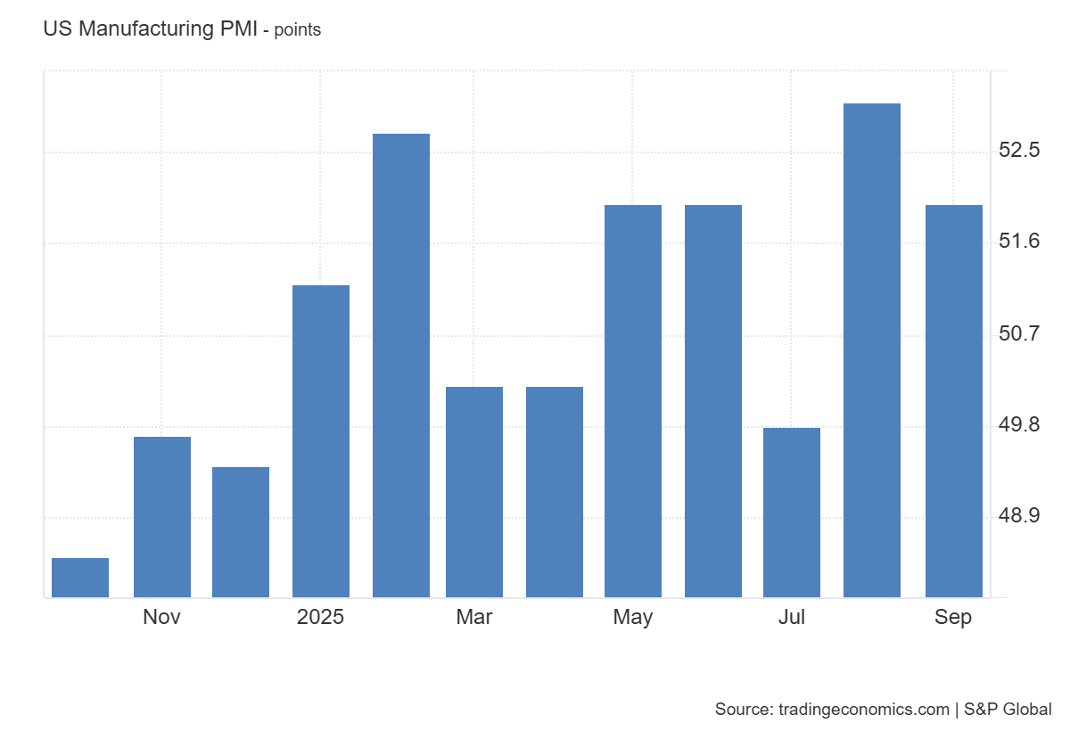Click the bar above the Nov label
pyautogui.click(x=161, y=517)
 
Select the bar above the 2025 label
pyautogui.click(x=321, y=441)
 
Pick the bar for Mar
pyautogui.click(x=474, y=492)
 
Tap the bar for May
pyautogui.click(x=633, y=401)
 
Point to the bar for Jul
pyautogui.click(x=792, y=513)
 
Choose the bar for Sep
pyautogui.click(x=953, y=401)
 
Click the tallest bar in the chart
pyautogui.click(x=872, y=350)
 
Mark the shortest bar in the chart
pyautogui.click(x=80, y=578)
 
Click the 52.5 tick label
pyautogui.click(x=1018, y=150)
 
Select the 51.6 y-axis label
pyautogui.click(x=1018, y=242)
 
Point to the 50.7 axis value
pyautogui.click(x=1018, y=333)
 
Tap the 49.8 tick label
pyautogui.click(x=1018, y=424)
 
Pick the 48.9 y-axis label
pyautogui.click(x=1018, y=516)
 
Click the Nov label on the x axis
pyautogui.click(x=161, y=617)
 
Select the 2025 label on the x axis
pyautogui.click(x=321, y=617)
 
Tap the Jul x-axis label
pyautogui.click(x=792, y=617)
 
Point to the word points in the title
pyautogui.click(x=297, y=29)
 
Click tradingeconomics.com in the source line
pyautogui.click(x=864, y=710)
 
